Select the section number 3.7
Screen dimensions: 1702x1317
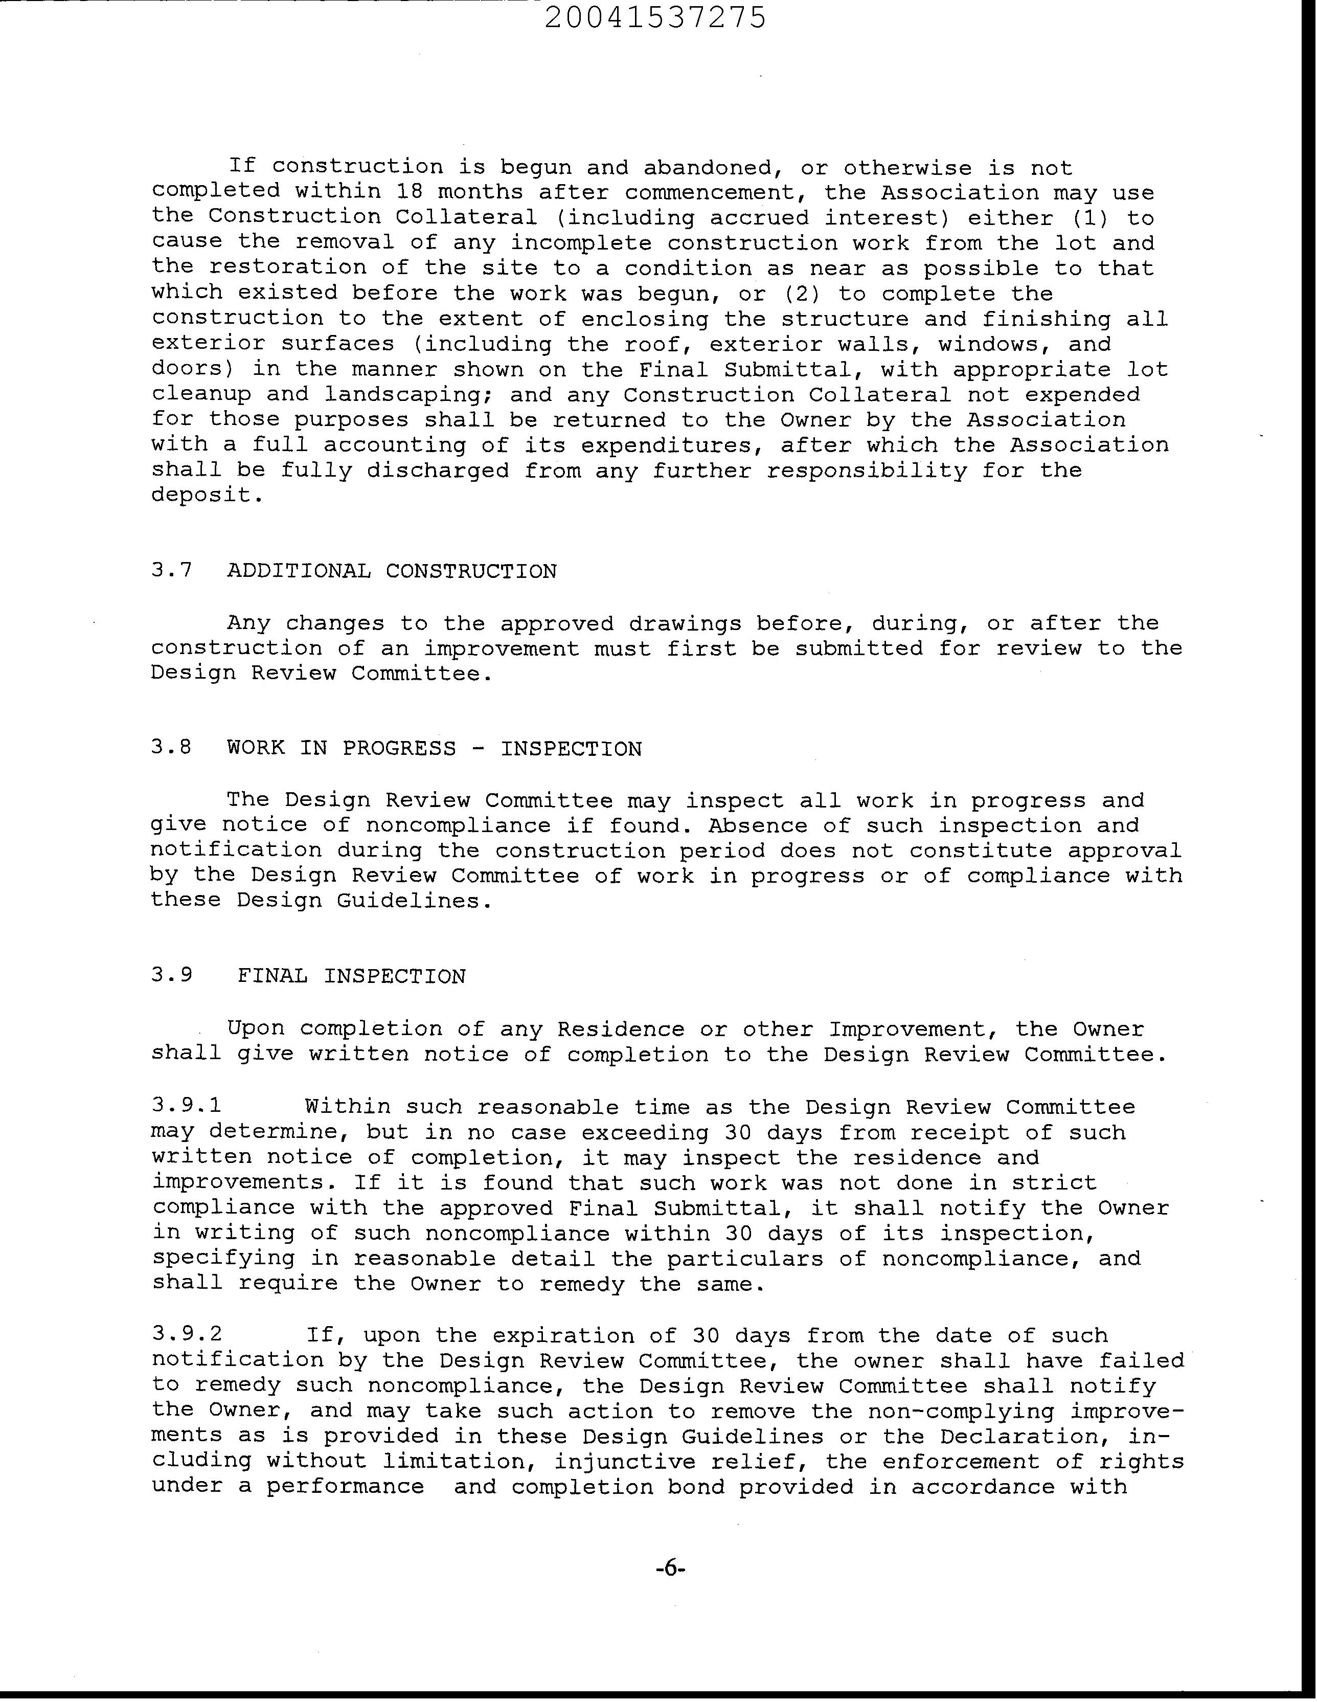(171, 571)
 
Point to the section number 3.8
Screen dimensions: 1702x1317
(171, 748)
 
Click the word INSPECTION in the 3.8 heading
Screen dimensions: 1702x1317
(571, 749)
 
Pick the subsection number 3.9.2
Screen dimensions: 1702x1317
(186, 1334)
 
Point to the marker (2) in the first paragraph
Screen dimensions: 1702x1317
(797, 294)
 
